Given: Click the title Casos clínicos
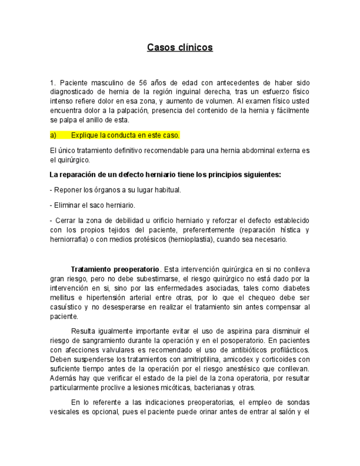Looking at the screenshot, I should point(180,48).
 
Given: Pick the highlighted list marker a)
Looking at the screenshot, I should point(53,135).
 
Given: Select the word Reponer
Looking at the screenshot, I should point(66,190).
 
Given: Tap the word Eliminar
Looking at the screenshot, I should point(66,205).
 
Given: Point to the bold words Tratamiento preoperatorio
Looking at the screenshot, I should point(115,270).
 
